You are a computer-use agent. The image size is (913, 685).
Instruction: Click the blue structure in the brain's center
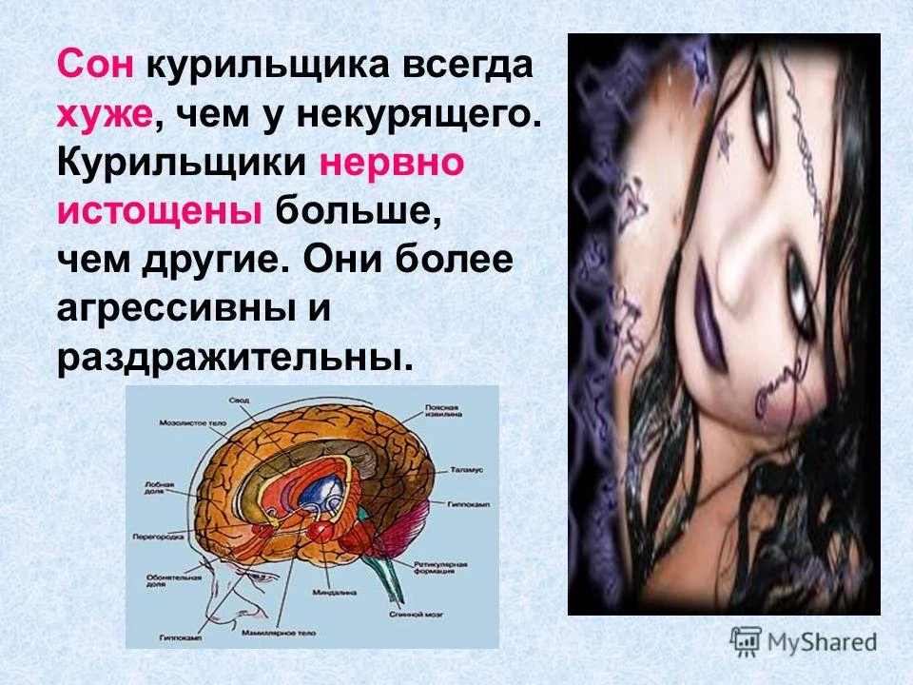[x=324, y=491]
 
